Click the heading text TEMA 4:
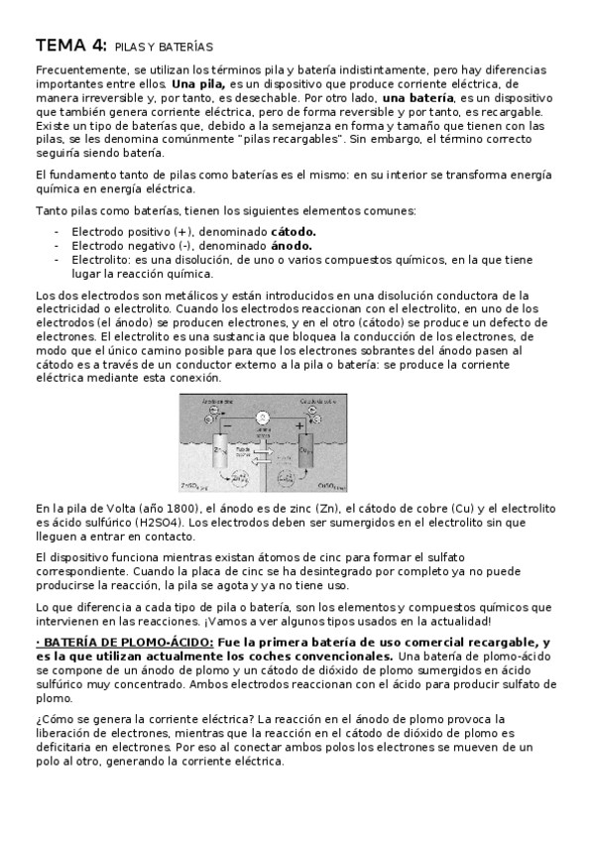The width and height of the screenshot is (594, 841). click(x=71, y=46)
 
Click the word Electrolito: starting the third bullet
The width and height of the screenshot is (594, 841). click(x=104, y=260)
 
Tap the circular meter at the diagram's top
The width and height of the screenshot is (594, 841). click(x=262, y=417)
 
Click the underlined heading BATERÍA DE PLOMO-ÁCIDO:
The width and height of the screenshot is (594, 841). click(x=127, y=643)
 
